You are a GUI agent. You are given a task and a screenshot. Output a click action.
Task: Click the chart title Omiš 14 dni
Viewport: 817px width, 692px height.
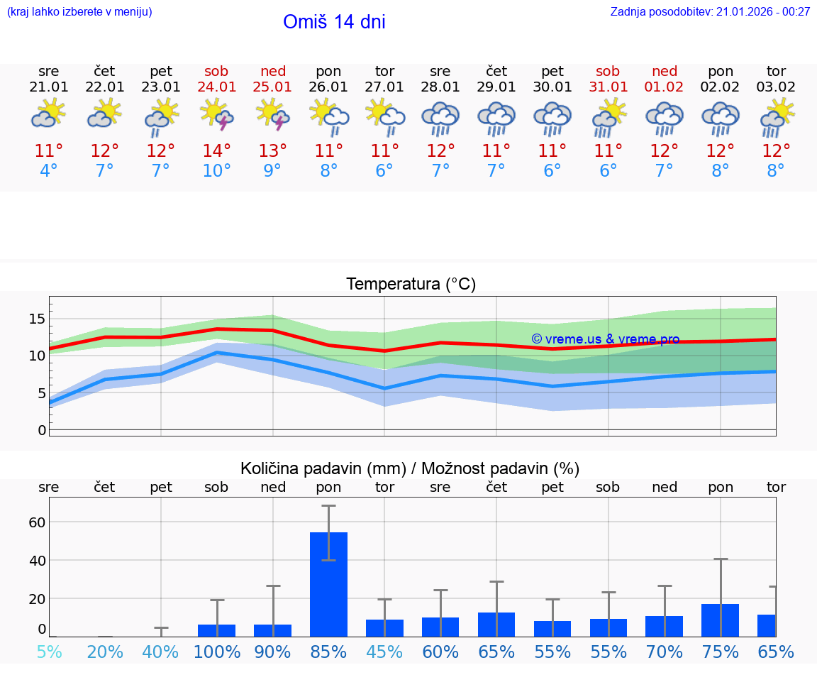pos(334,22)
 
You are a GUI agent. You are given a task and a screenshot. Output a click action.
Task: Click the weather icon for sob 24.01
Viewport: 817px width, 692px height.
pos(217,115)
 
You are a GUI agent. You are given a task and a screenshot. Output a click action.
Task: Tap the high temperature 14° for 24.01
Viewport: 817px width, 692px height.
pos(217,150)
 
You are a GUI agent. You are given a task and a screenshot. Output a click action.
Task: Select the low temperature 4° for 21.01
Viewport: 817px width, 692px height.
pos(49,171)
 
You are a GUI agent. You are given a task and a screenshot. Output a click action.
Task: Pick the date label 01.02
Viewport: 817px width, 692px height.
pos(665,87)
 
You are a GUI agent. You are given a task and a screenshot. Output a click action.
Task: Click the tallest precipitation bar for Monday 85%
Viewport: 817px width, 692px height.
pos(328,583)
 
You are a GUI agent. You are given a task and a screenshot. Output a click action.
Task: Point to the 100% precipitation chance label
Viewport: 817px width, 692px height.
pos(217,652)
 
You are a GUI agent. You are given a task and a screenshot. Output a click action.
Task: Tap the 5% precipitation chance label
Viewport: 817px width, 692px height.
pos(49,652)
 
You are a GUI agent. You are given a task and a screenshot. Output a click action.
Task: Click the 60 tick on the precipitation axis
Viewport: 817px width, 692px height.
pos(37,522)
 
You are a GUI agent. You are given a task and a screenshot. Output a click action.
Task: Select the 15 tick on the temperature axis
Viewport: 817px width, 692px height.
pos(37,319)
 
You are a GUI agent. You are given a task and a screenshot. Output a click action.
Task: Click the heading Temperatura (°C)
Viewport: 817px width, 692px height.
pos(411,285)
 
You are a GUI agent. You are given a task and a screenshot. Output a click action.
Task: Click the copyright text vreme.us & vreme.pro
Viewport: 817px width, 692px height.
pos(606,339)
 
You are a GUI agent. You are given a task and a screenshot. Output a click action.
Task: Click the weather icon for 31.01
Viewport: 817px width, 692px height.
pos(608,115)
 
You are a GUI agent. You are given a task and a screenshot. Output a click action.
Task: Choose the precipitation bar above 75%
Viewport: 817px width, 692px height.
pos(720,620)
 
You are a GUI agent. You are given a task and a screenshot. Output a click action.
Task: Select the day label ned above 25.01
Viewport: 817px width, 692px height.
pos(273,71)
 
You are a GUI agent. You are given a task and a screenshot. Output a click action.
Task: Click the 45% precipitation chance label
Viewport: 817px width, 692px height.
pos(384,652)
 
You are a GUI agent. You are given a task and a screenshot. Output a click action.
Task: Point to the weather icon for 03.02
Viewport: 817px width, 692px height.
pos(776,115)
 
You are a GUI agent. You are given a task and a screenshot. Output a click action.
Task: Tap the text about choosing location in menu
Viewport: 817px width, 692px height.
pos(79,12)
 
